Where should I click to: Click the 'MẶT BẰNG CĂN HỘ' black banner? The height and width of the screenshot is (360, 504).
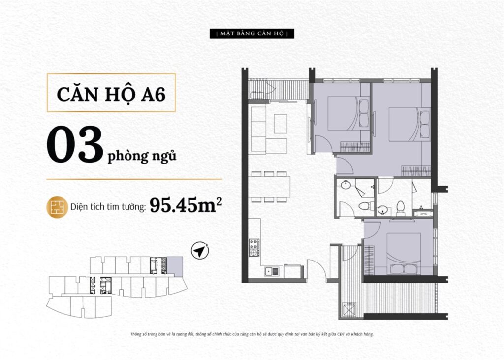[252, 33]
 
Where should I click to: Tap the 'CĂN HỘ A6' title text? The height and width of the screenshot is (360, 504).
[111, 94]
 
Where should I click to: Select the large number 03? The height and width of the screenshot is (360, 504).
[75, 145]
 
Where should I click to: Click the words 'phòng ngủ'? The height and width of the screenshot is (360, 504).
[142, 156]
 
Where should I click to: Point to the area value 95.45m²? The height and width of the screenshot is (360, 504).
[186, 205]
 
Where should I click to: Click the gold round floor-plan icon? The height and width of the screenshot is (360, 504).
[57, 207]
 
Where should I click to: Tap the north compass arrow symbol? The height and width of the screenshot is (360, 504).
[200, 250]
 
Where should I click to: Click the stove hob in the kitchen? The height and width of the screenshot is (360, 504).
[254, 247]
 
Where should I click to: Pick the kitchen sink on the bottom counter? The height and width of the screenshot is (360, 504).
[272, 271]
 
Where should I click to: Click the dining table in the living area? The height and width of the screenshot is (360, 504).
[269, 187]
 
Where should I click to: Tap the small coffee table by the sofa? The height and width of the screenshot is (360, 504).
[280, 124]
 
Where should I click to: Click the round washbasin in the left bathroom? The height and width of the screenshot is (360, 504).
[346, 185]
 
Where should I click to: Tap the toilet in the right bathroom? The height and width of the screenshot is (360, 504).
[401, 208]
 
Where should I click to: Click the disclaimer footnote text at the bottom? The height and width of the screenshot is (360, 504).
[252, 334]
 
